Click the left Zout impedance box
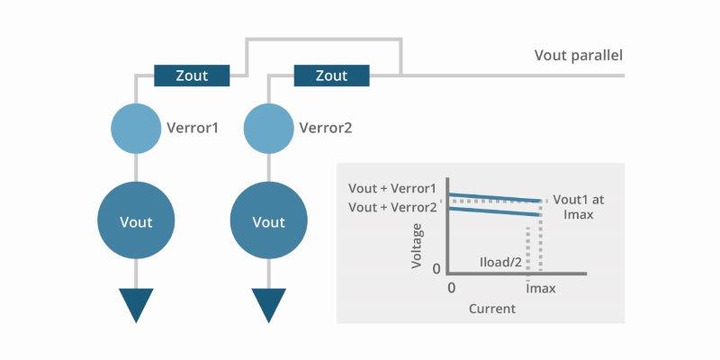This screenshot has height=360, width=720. pos(192,76)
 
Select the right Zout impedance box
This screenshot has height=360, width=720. pos(331,76)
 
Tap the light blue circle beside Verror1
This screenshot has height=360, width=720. pos(136,128)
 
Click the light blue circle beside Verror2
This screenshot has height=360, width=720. pos(268,128)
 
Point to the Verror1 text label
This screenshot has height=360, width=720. pos(193,128)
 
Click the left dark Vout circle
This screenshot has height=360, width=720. pos(136,221)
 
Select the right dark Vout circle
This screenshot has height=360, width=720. pos(268,221)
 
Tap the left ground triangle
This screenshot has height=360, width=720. pos(136,304)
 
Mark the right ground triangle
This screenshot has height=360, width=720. pos(268,304)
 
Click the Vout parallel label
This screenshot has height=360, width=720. pos(579,56)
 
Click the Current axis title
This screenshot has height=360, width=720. pos(492,309)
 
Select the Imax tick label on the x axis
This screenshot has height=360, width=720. pos(540,288)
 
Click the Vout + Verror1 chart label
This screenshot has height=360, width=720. pos(392,189)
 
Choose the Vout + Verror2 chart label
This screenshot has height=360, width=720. pos(392,207)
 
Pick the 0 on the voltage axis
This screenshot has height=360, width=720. pos(437,268)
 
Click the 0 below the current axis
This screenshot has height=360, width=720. pos(453,288)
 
